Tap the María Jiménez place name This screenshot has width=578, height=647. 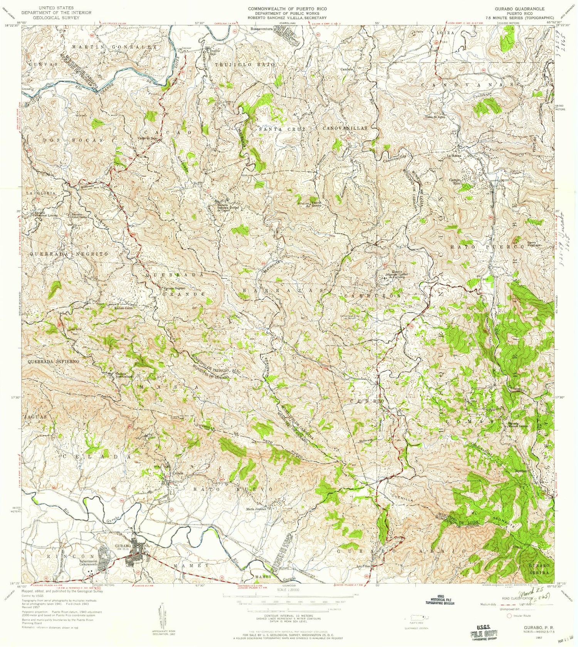256,509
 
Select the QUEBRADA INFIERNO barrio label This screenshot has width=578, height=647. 54,362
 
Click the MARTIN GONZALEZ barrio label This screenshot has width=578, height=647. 114,47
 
